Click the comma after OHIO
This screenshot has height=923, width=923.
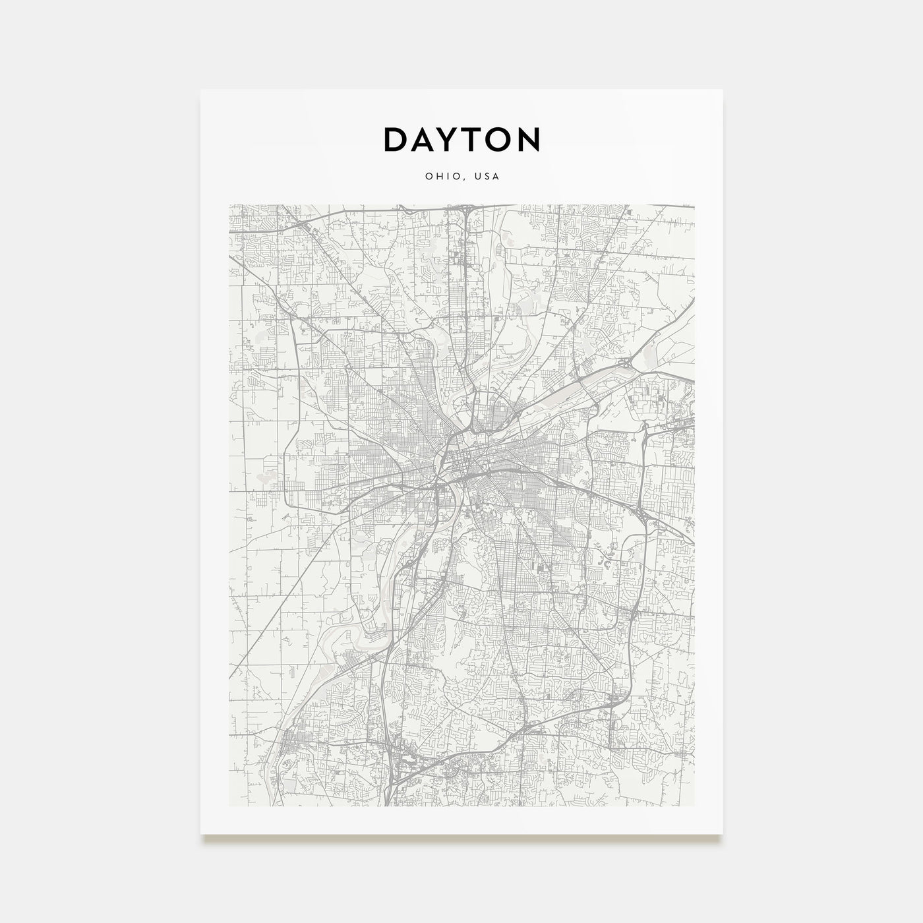point(460,179)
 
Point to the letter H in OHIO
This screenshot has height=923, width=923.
point(437,177)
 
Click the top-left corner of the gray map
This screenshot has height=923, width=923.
point(229,204)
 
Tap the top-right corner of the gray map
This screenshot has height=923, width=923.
point(694,204)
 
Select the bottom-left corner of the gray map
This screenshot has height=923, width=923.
point(229,806)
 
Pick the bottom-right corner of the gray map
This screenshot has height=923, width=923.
point(694,806)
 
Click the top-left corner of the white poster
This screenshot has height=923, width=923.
point(201,90)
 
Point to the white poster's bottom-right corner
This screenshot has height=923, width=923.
point(723,834)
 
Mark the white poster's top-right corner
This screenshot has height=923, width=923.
point(723,90)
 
